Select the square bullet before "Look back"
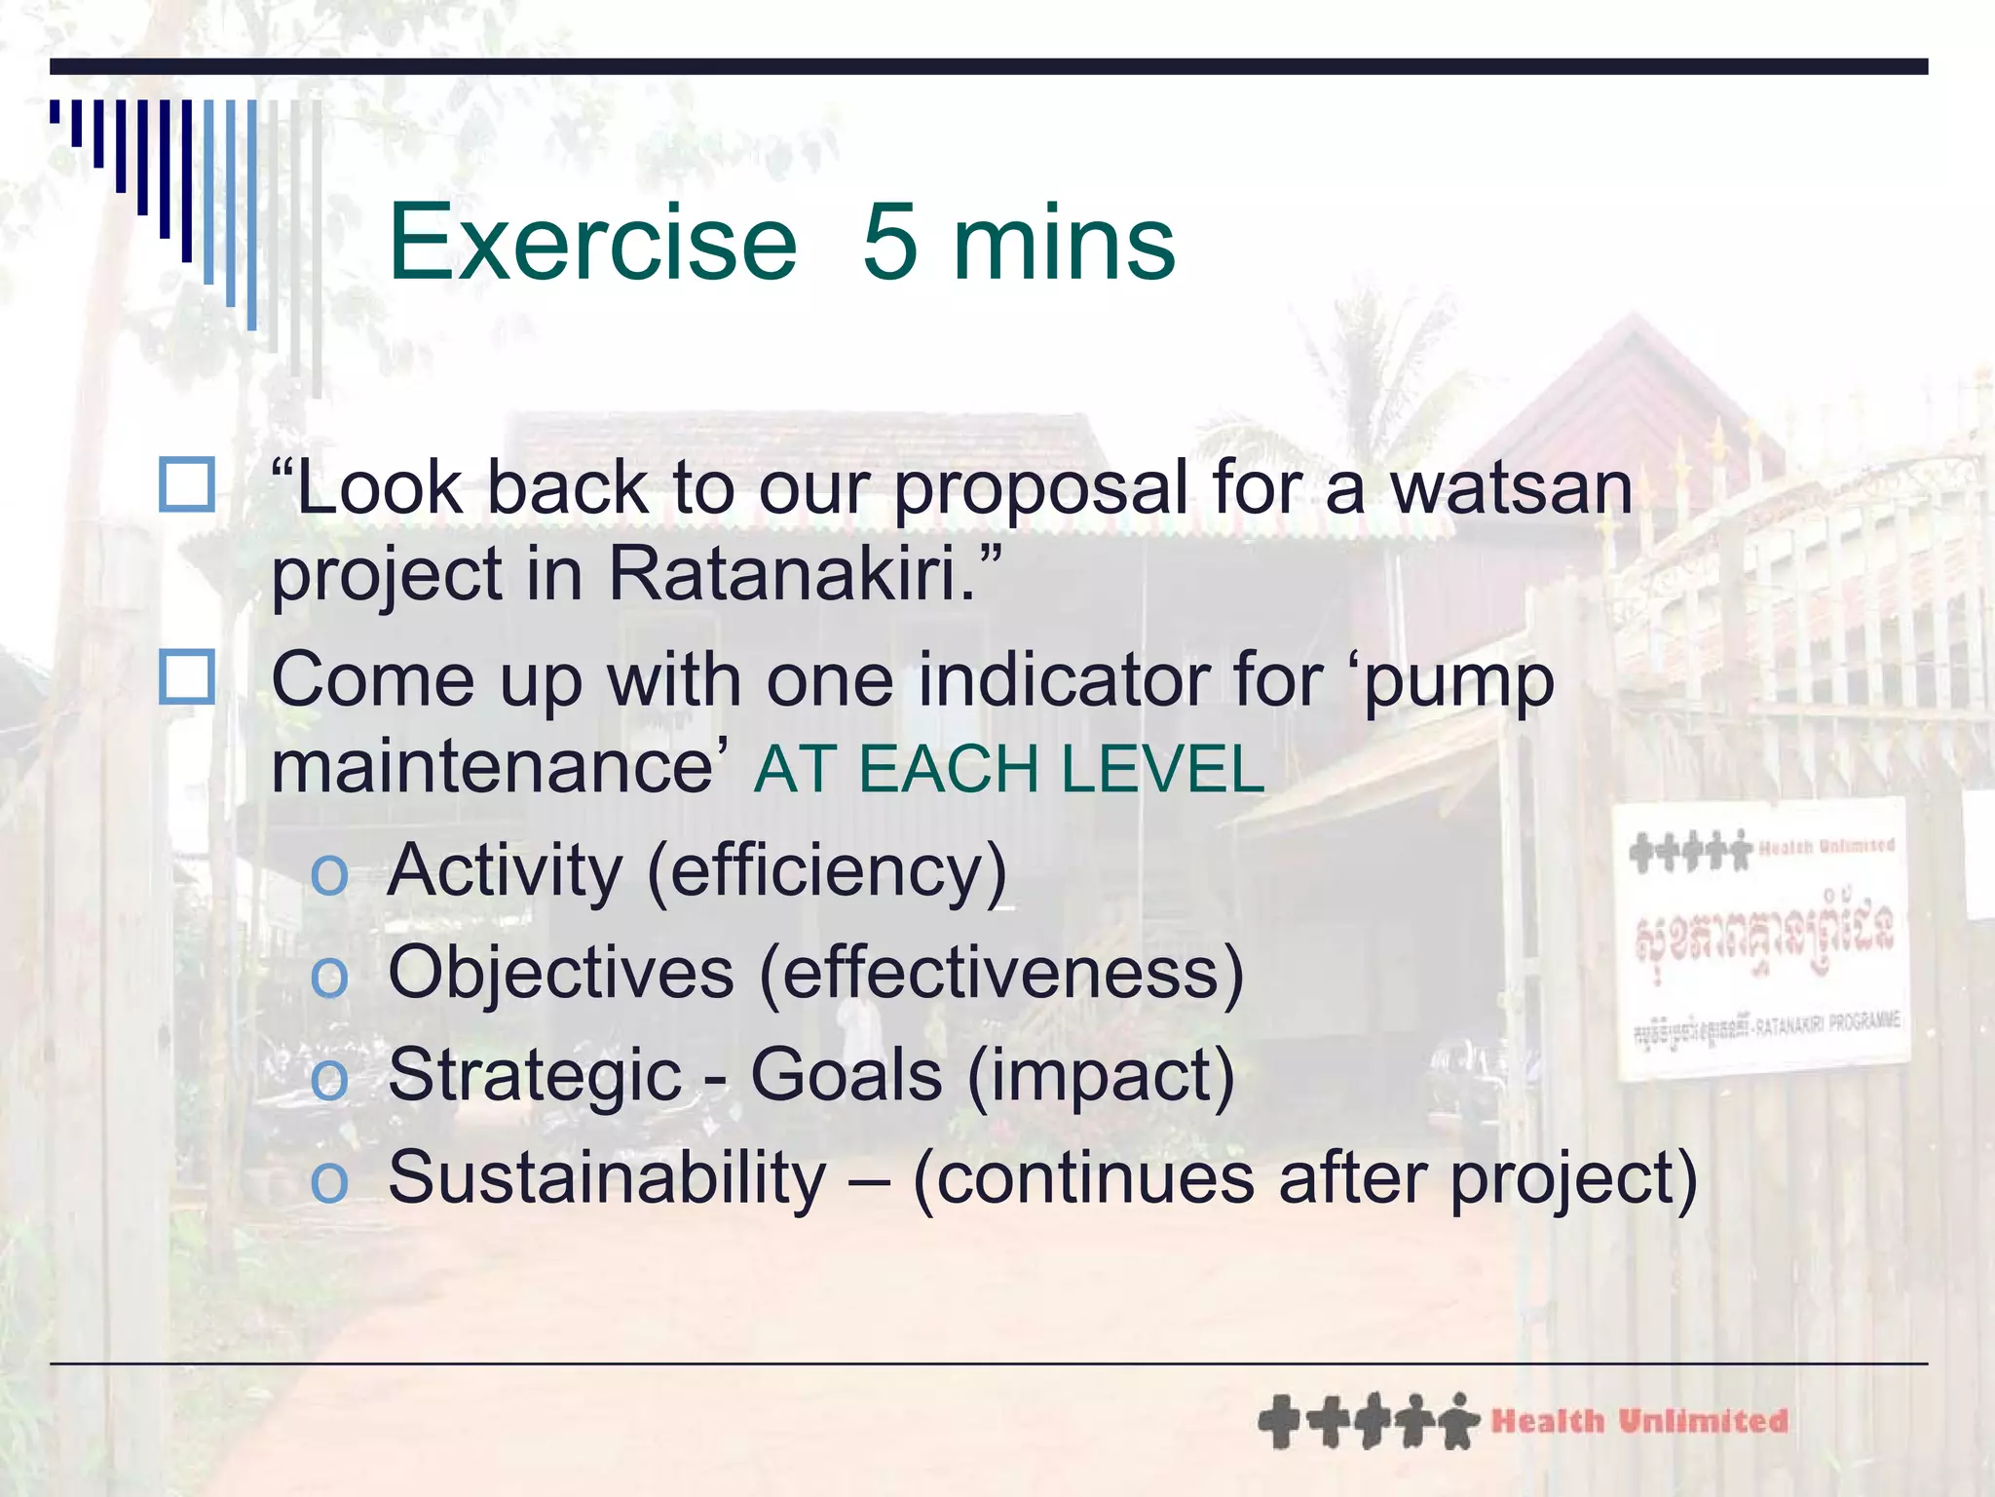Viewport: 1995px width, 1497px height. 186,485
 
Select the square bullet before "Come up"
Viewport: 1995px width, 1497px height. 186,677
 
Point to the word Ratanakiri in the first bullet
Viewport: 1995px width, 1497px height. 791,573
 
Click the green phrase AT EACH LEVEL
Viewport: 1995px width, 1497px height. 1009,769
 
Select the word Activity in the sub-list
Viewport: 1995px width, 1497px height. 504,870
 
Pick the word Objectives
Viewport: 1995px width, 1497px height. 560,973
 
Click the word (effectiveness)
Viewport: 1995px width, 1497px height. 1000,973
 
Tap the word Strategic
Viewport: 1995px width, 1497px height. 535,1076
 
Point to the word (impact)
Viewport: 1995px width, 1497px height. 1101,1076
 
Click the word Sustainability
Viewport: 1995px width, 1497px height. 607,1177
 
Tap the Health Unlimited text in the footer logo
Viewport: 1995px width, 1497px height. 1638,1421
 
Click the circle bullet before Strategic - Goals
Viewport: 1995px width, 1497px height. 328,1080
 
